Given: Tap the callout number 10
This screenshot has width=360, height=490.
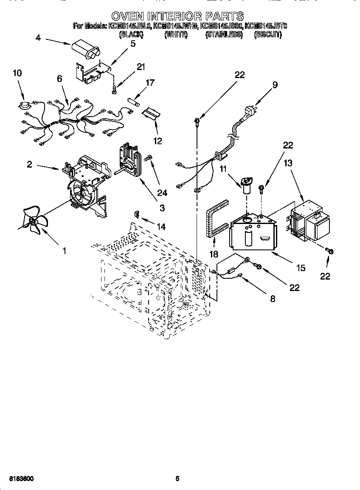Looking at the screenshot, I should coord(17,73).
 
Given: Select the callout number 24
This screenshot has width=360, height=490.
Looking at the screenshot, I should coord(162,193).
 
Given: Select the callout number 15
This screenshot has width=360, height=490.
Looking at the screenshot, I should coord(301,268).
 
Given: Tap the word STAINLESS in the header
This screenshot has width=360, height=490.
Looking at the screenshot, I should coord(223,35).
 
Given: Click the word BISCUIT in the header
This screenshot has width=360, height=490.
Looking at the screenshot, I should coord(267,35).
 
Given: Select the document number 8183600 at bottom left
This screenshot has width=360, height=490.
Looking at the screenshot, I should coord(21,479).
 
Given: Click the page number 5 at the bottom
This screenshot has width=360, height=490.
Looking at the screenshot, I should coord(177,479).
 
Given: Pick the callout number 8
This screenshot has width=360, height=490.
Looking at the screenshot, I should coord(272,299).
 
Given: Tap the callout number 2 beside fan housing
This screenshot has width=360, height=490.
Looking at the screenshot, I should coord(29,164).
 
